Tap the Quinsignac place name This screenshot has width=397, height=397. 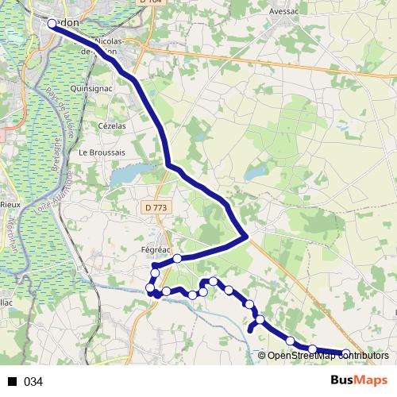[x=92, y=89]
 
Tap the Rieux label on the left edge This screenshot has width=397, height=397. [x=9, y=204]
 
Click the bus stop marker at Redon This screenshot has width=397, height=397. [x=52, y=24]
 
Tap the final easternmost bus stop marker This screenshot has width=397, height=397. [x=346, y=353]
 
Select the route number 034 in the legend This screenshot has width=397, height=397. [x=33, y=382]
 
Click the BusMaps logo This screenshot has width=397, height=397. [x=359, y=381]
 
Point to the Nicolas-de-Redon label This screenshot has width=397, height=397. [x=110, y=44]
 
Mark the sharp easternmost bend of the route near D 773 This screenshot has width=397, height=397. [x=248, y=236]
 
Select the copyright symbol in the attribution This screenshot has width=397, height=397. [x=262, y=355]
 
